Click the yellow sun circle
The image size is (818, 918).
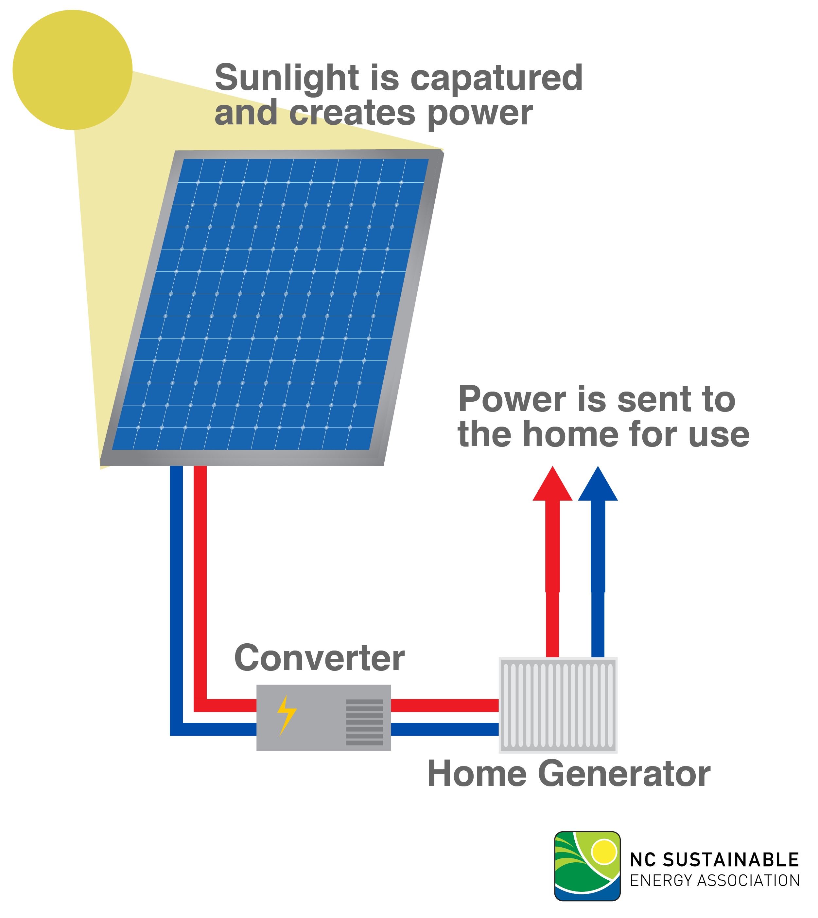[72, 70]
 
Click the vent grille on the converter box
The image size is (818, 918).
[364, 722]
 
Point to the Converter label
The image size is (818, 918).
[320, 658]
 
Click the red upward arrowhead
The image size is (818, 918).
[552, 484]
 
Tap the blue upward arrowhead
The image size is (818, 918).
[598, 484]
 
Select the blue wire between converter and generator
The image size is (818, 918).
[445, 729]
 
